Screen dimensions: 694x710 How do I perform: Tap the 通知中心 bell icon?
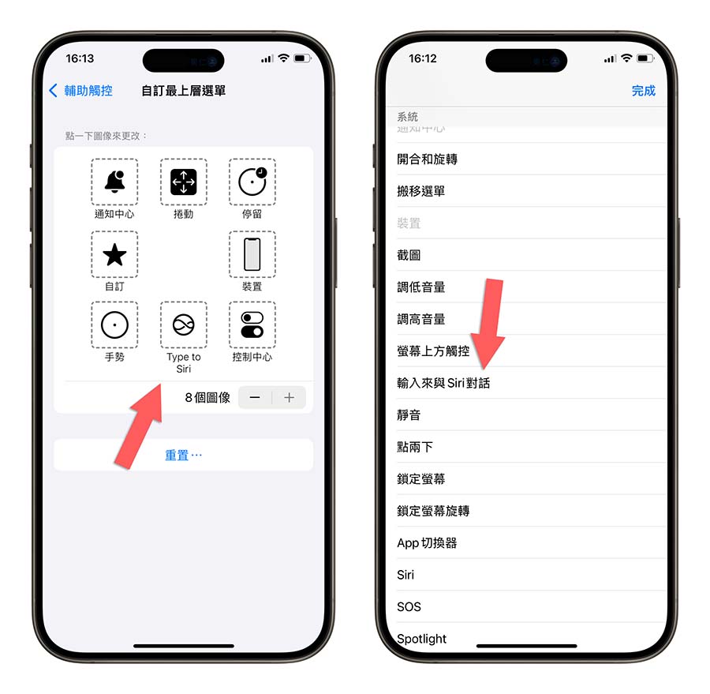click(x=114, y=182)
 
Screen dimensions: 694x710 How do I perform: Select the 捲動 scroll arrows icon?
click(x=183, y=182)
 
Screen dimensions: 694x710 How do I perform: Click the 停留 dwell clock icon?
click(x=252, y=182)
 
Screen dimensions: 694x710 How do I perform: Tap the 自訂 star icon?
click(x=114, y=254)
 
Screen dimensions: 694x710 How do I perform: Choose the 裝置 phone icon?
click(x=252, y=254)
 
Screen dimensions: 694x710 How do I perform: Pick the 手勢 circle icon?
click(x=114, y=324)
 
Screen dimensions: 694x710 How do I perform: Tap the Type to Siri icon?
click(x=183, y=324)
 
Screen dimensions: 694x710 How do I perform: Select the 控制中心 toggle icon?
click(x=252, y=324)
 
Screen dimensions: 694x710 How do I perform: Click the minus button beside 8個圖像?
click(x=255, y=397)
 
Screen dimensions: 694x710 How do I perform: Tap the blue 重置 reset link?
click(x=183, y=456)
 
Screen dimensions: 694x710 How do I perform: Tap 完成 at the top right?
click(x=643, y=91)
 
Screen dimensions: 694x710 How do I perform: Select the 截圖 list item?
click(x=409, y=255)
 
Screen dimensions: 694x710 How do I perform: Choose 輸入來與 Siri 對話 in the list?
click(x=443, y=383)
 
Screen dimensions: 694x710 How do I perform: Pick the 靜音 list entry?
click(x=409, y=415)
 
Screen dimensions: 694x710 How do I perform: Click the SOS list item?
click(x=409, y=607)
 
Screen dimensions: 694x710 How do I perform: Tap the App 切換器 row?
click(x=427, y=542)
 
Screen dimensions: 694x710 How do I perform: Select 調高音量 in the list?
click(x=421, y=319)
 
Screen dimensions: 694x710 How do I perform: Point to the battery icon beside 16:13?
click(x=302, y=59)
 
